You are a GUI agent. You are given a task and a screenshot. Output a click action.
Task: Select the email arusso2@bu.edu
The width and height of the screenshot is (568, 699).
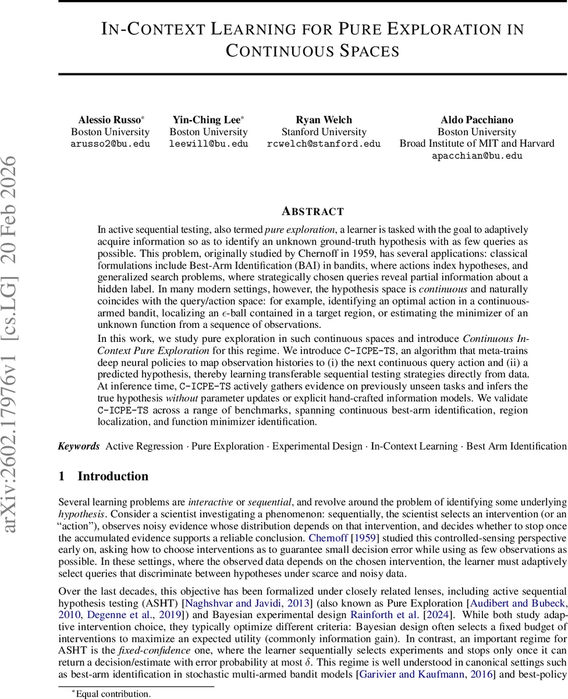pyautogui.click(x=111, y=144)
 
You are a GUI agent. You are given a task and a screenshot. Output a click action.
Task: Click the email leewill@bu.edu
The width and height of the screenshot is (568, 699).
pyautogui.click(x=208, y=144)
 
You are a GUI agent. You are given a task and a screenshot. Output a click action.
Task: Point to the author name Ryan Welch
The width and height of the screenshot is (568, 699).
pyautogui.click(x=324, y=119)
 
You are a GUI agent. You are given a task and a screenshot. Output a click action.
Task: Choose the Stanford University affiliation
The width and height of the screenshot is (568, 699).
pyautogui.click(x=324, y=132)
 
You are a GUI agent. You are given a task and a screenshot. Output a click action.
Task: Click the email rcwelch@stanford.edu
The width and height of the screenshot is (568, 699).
pyautogui.click(x=324, y=144)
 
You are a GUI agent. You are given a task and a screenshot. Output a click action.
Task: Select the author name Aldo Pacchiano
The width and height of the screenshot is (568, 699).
pyautogui.click(x=477, y=119)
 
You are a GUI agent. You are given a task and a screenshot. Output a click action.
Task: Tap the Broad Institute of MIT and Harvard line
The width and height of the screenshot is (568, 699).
pyautogui.click(x=477, y=144)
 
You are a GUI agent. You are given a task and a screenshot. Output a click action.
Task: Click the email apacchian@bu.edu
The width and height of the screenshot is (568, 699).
pyautogui.click(x=477, y=156)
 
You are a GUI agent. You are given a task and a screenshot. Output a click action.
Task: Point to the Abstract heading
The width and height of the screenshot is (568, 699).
pyautogui.click(x=313, y=211)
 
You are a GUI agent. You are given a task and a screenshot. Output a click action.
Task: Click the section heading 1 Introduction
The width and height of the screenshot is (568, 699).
pyautogui.click(x=104, y=476)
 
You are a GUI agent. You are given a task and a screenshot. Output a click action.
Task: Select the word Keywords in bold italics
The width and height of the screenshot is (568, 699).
pyautogui.click(x=79, y=446)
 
